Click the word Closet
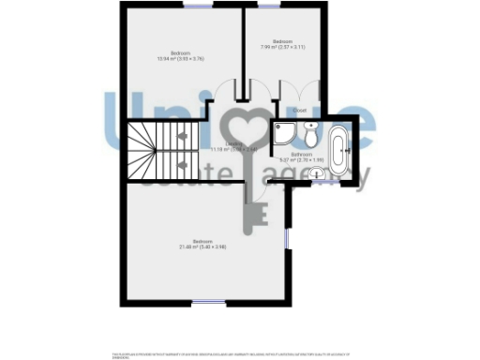pos(300,111)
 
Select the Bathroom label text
pos(301,153)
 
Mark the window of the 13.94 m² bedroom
pos(197,7)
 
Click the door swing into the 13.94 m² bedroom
pos(227,92)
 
